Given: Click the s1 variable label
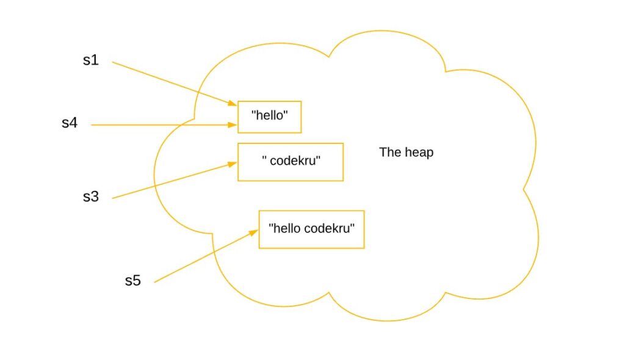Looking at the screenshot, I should pos(90,61).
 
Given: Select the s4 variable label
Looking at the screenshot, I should pos(70,123).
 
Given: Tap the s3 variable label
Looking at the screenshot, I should pos(90,197).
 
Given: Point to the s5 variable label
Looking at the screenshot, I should pos(132,281).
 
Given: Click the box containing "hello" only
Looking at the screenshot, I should pos(269,117).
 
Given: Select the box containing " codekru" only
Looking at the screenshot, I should pos(291,162).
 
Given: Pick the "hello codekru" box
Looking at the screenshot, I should pos(311,229).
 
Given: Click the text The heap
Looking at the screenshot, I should pos(406,153).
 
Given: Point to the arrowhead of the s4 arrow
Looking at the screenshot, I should pos(234,125).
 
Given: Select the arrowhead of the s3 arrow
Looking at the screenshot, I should pos(234,163).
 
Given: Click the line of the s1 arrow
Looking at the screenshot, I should pos(171,82).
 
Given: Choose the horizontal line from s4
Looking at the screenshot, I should pos(159,125).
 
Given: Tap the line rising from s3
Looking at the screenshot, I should pos(171,181).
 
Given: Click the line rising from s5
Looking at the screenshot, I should pos(201,258).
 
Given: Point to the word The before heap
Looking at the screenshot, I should pos(389,153).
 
